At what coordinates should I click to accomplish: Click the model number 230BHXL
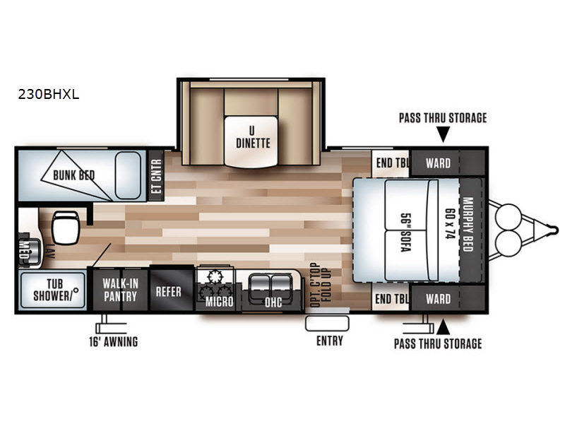[49, 95]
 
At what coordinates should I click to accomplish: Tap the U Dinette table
[251, 141]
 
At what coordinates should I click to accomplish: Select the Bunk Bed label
[74, 175]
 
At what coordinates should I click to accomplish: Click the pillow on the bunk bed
[128, 175]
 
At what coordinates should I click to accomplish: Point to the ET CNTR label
[156, 176]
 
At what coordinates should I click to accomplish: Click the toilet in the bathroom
[66, 228]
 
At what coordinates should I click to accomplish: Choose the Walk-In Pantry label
[120, 290]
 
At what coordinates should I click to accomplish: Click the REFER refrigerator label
[169, 291]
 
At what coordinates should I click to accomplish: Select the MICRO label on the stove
[219, 302]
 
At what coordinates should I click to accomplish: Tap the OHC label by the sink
[273, 302]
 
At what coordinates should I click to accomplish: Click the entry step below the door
[327, 324]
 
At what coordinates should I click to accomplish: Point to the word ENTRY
[330, 341]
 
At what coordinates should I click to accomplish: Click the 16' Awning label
[114, 341]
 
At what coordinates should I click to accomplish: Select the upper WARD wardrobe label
[438, 163]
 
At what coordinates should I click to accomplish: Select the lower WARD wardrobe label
[438, 299]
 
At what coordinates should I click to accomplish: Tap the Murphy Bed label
[468, 224]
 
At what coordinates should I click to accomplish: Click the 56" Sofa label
[406, 232]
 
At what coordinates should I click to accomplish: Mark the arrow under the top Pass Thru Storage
[443, 135]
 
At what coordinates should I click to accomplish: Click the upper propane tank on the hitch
[508, 216]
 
